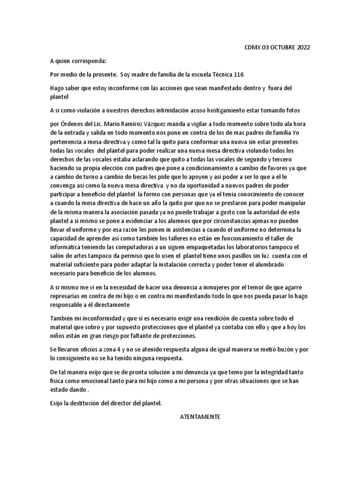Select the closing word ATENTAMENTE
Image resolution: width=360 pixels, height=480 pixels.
coord(200,417)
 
